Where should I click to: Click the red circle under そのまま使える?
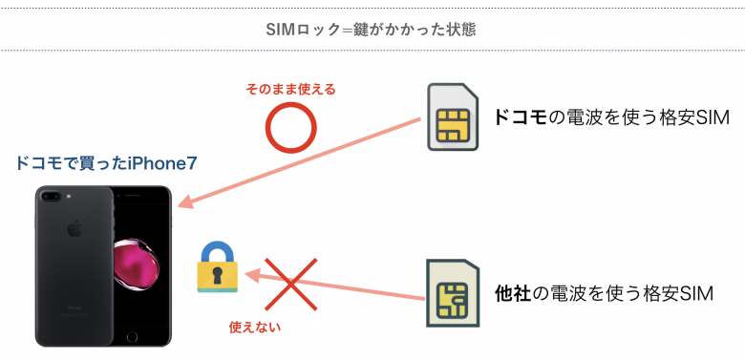[289, 127]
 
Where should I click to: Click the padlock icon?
[217, 269]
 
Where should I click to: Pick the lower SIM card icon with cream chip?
[449, 293]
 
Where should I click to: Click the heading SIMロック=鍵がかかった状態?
[372, 29]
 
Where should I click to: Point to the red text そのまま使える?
[291, 89]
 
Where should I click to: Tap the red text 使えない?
[255, 326]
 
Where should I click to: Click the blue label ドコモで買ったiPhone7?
[107, 163]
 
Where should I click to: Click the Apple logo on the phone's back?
[73, 231]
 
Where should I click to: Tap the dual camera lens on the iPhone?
[58, 197]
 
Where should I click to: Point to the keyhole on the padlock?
[217, 276]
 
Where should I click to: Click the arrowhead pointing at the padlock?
[251, 274]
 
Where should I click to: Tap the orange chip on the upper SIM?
[450, 124]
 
